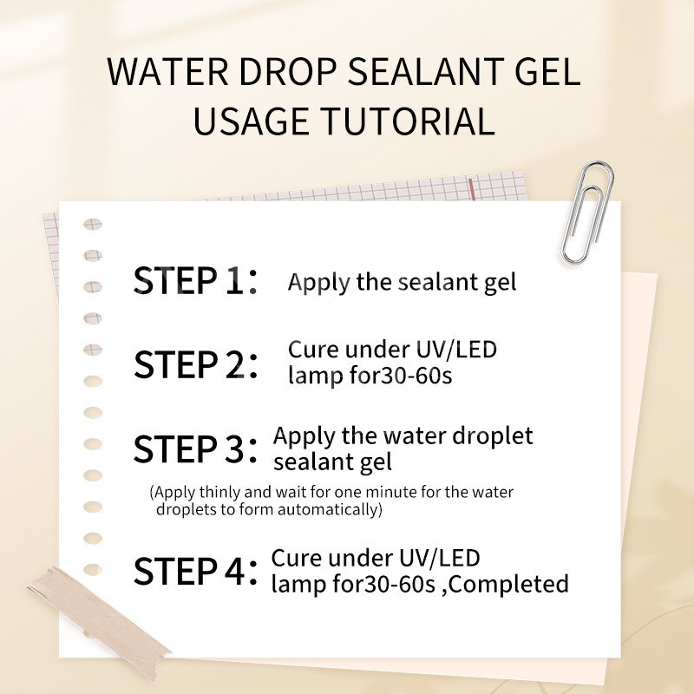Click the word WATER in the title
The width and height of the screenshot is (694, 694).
tap(167, 71)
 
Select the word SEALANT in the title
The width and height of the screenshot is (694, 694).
tap(425, 71)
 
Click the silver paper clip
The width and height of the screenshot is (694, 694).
tap(588, 212)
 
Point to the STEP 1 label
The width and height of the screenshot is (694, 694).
tap(195, 280)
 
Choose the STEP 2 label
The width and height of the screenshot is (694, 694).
tap(195, 364)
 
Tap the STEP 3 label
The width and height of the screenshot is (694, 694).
tap(195, 448)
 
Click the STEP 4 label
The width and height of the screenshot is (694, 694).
tap(195, 571)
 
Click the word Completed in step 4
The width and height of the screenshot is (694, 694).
tap(508, 584)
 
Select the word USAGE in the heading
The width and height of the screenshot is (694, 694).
tap(251, 121)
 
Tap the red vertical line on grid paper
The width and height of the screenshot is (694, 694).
tap(472, 189)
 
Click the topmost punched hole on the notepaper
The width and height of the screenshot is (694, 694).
tap(93, 225)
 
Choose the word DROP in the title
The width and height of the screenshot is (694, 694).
tap(288, 71)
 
